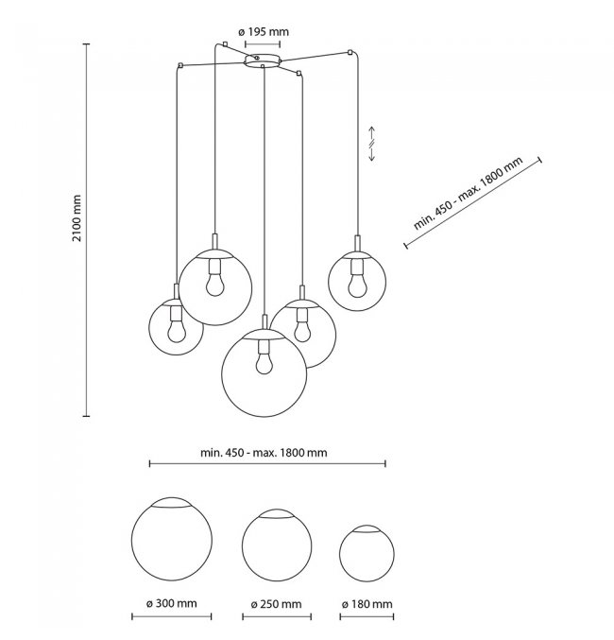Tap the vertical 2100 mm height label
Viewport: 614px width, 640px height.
[x=77, y=218]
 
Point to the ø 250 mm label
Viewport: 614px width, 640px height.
[x=276, y=603]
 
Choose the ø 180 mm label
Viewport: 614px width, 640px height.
[x=367, y=603]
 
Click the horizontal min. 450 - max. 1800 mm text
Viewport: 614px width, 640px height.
[x=264, y=451]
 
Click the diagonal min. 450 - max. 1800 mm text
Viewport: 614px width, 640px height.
[x=469, y=196]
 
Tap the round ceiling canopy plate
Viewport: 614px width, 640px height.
[x=262, y=61]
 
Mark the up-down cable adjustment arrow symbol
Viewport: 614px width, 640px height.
[x=372, y=143]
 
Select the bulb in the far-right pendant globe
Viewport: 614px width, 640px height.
[x=356, y=281]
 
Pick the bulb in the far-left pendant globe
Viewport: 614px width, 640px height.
[x=176, y=330]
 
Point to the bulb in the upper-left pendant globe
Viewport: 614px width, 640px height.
[x=215, y=281]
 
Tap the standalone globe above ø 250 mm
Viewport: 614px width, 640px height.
[x=277, y=545]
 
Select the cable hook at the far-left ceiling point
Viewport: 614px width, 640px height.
[x=179, y=64]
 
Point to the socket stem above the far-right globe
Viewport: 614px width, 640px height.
[x=356, y=243]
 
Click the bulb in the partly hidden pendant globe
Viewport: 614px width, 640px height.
[x=301, y=330]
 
